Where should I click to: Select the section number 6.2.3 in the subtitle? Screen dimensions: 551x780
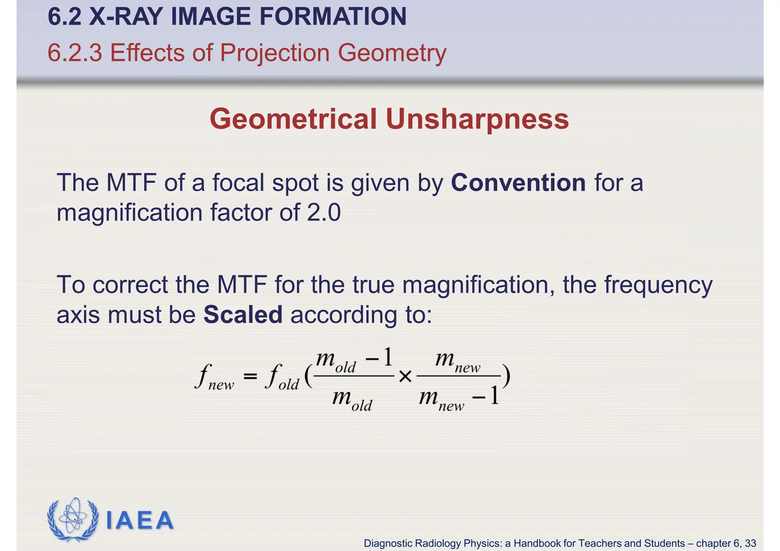(x=75, y=53)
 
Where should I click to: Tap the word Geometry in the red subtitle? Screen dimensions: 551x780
(x=392, y=53)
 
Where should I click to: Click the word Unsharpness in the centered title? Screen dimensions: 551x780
(x=477, y=119)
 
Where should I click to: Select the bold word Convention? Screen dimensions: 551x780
(x=518, y=183)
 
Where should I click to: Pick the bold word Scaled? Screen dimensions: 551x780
(x=243, y=315)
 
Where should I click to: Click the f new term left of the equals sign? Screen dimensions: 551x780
(x=214, y=377)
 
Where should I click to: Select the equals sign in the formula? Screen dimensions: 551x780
(x=250, y=377)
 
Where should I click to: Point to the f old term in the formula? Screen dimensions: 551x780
(x=282, y=377)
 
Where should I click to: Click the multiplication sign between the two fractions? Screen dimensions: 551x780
(x=405, y=377)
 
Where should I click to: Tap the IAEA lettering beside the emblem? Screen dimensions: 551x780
(x=139, y=521)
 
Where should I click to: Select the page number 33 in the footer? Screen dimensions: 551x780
(x=750, y=543)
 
